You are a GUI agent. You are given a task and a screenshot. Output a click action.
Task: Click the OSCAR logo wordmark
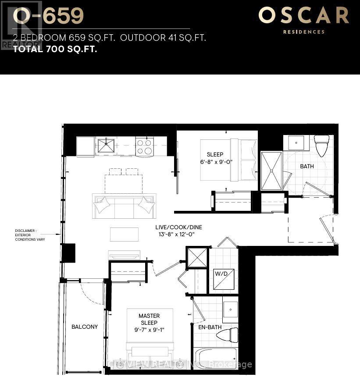point(303,16)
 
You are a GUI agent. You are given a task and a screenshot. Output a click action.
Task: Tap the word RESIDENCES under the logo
point(303,32)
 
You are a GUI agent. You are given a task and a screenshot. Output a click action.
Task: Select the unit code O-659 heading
point(48,16)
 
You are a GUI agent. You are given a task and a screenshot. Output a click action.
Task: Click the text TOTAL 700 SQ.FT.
point(55,49)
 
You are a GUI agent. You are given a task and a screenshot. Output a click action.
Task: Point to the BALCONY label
point(85,327)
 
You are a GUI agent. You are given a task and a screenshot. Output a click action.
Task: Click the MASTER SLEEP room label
point(149,319)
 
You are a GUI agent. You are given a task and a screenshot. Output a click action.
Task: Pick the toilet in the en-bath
point(228,335)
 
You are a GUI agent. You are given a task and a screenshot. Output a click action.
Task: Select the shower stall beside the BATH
point(271,171)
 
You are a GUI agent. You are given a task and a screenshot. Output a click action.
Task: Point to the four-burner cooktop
point(144,146)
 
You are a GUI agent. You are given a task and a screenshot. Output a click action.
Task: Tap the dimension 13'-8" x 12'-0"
point(178,235)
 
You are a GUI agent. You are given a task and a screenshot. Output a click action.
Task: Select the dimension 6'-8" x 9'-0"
point(215,161)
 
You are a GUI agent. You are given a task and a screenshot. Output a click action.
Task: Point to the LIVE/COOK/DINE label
point(178,227)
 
